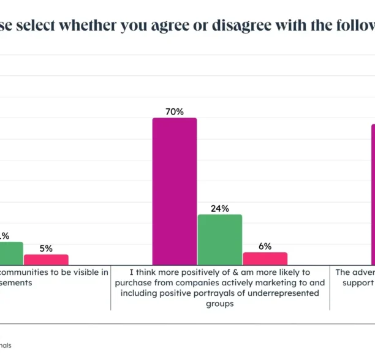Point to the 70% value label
point(175,111)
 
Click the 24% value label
point(219,208)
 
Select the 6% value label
point(265,246)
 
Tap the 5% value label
point(46,249)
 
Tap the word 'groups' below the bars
point(219,303)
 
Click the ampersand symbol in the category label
point(226,272)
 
